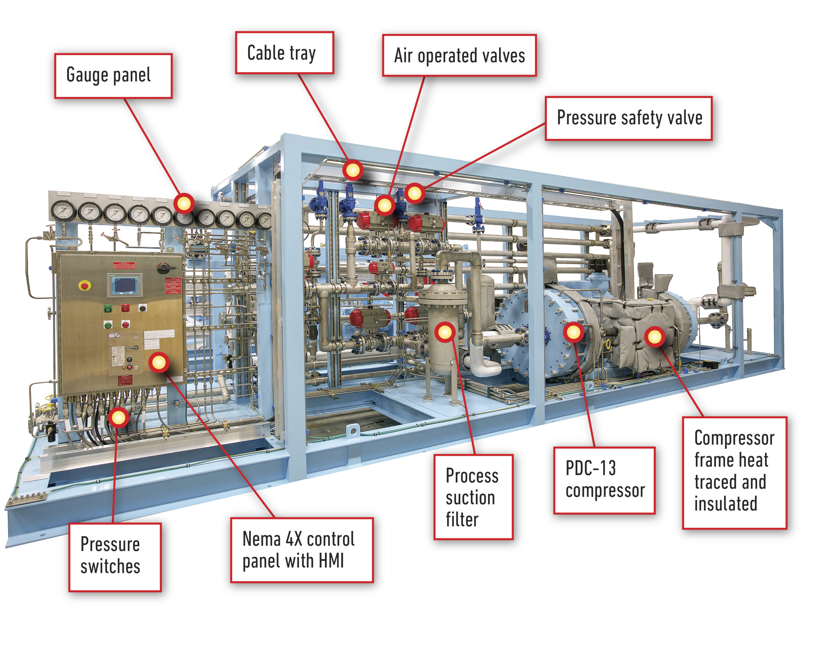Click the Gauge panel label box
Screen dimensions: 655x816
113,76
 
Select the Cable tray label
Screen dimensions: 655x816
284,53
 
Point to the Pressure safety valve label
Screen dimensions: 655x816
628,118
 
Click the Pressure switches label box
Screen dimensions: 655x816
115,556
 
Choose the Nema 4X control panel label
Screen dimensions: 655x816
302,550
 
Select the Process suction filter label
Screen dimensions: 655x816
473,497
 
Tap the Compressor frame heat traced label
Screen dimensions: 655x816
734,473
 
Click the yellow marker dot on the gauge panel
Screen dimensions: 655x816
184,204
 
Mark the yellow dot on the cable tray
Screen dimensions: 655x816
353,170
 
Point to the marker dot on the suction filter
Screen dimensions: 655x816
445,332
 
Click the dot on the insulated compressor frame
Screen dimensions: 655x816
655,336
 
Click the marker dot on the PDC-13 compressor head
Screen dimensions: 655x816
573,332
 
